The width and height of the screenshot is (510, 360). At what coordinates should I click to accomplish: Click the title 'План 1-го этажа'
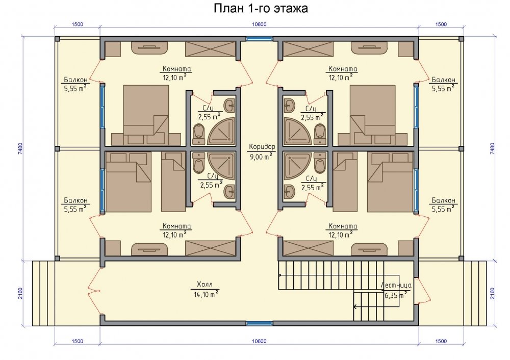pyautogui.click(x=261, y=8)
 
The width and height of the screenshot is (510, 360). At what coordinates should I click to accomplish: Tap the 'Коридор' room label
pyautogui.click(x=262, y=147)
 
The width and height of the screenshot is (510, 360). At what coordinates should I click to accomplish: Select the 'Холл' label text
pyautogui.click(x=205, y=285)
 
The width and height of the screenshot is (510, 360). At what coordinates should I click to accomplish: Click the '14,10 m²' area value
pyautogui.click(x=206, y=295)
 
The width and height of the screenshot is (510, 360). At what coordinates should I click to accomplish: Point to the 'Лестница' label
pyautogui.click(x=396, y=286)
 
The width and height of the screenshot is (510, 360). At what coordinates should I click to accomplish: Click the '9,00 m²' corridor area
pyautogui.click(x=261, y=157)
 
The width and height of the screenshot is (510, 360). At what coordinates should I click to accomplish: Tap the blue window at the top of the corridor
pyautogui.click(x=259, y=38)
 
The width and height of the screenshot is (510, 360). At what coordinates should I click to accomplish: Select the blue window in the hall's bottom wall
pyautogui.click(x=259, y=323)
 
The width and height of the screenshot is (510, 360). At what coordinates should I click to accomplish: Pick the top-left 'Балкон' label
pyautogui.click(x=75, y=80)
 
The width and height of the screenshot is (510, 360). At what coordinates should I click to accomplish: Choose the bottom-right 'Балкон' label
pyautogui.click(x=444, y=200)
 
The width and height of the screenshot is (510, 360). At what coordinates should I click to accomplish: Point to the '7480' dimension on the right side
pyautogui.click(x=492, y=148)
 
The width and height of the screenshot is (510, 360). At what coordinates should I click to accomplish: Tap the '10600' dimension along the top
pyautogui.click(x=259, y=24)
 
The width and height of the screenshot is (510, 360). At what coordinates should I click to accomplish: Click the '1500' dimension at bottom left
pyautogui.click(x=77, y=341)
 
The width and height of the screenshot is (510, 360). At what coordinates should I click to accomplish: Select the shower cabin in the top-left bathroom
pyautogui.click(x=221, y=132)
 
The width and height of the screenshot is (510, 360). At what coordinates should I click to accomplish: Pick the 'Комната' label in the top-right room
pyautogui.click(x=343, y=69)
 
